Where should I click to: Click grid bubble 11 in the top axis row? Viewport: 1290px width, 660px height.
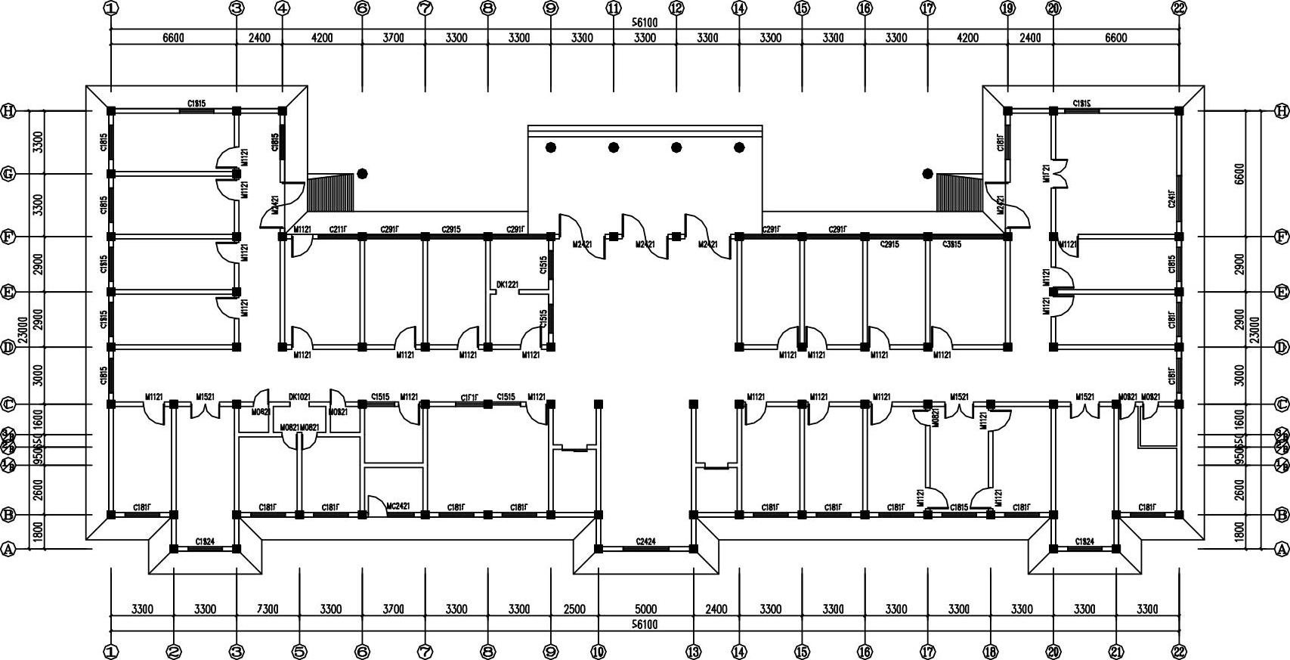[613, 8]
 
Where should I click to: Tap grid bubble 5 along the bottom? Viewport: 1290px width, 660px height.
[299, 651]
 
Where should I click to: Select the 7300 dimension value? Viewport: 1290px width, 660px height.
[268, 609]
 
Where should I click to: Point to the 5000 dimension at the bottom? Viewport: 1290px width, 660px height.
[645, 609]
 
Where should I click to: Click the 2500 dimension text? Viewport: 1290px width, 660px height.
[574, 609]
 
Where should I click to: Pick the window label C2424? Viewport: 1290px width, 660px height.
[645, 541]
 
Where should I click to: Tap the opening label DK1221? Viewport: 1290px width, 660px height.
[507, 285]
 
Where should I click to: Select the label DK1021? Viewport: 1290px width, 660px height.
[299, 397]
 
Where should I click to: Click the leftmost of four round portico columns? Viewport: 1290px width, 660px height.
[551, 147]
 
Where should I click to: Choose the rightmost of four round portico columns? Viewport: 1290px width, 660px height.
[739, 147]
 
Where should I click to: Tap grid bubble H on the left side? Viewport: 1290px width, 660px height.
[8, 110]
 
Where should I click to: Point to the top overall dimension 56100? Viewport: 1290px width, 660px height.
[645, 23]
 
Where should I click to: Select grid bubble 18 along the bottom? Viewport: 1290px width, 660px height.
[990, 651]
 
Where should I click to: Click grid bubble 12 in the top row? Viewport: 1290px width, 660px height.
[676, 8]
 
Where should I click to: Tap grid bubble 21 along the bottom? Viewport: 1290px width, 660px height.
[1116, 651]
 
